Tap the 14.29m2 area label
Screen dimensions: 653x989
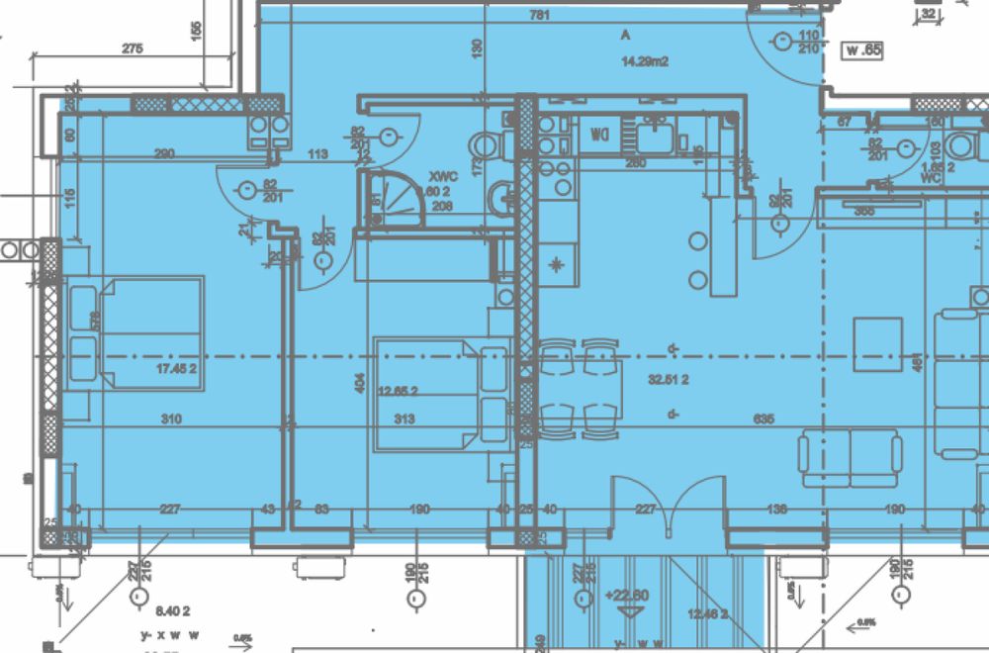pos(645,61)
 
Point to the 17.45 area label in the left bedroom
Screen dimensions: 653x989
pos(178,370)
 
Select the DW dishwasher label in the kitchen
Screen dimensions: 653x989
pos(599,133)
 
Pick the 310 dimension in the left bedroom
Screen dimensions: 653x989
pos(171,420)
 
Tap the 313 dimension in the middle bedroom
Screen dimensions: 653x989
pos(403,420)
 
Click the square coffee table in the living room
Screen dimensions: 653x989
pos(878,344)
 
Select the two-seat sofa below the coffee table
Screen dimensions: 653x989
pos(851,457)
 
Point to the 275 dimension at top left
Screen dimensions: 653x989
pos(133,48)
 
